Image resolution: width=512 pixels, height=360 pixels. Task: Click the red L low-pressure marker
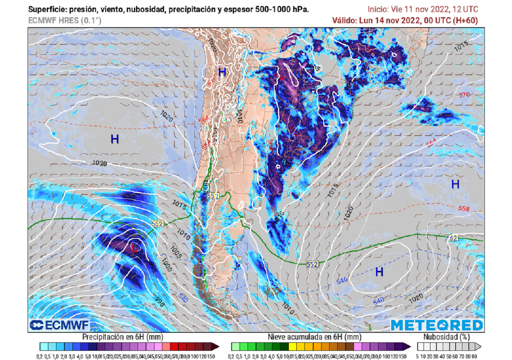[x=135, y=247]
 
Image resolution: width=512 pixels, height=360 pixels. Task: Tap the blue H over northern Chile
[x=222, y=72]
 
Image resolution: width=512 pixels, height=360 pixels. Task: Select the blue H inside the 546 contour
[x=379, y=272]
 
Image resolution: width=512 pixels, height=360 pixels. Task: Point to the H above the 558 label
[x=455, y=184]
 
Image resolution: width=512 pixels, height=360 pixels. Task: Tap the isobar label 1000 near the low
[x=166, y=267]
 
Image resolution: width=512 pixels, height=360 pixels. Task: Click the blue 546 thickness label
[x=342, y=281]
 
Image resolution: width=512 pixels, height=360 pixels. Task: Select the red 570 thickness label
[x=464, y=95]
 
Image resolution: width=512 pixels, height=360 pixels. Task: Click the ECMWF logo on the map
[x=59, y=325]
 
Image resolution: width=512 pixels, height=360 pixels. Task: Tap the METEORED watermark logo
[x=436, y=325]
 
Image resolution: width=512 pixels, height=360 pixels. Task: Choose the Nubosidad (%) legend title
[x=446, y=337]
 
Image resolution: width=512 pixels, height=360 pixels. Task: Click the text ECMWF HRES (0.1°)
[x=65, y=20]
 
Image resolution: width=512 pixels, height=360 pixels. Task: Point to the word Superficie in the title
[x=44, y=9]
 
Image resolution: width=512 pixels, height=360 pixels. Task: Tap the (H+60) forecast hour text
[x=464, y=20]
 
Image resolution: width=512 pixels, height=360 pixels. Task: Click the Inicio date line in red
[x=423, y=9]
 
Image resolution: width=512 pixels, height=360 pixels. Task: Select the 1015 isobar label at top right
[x=461, y=46]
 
